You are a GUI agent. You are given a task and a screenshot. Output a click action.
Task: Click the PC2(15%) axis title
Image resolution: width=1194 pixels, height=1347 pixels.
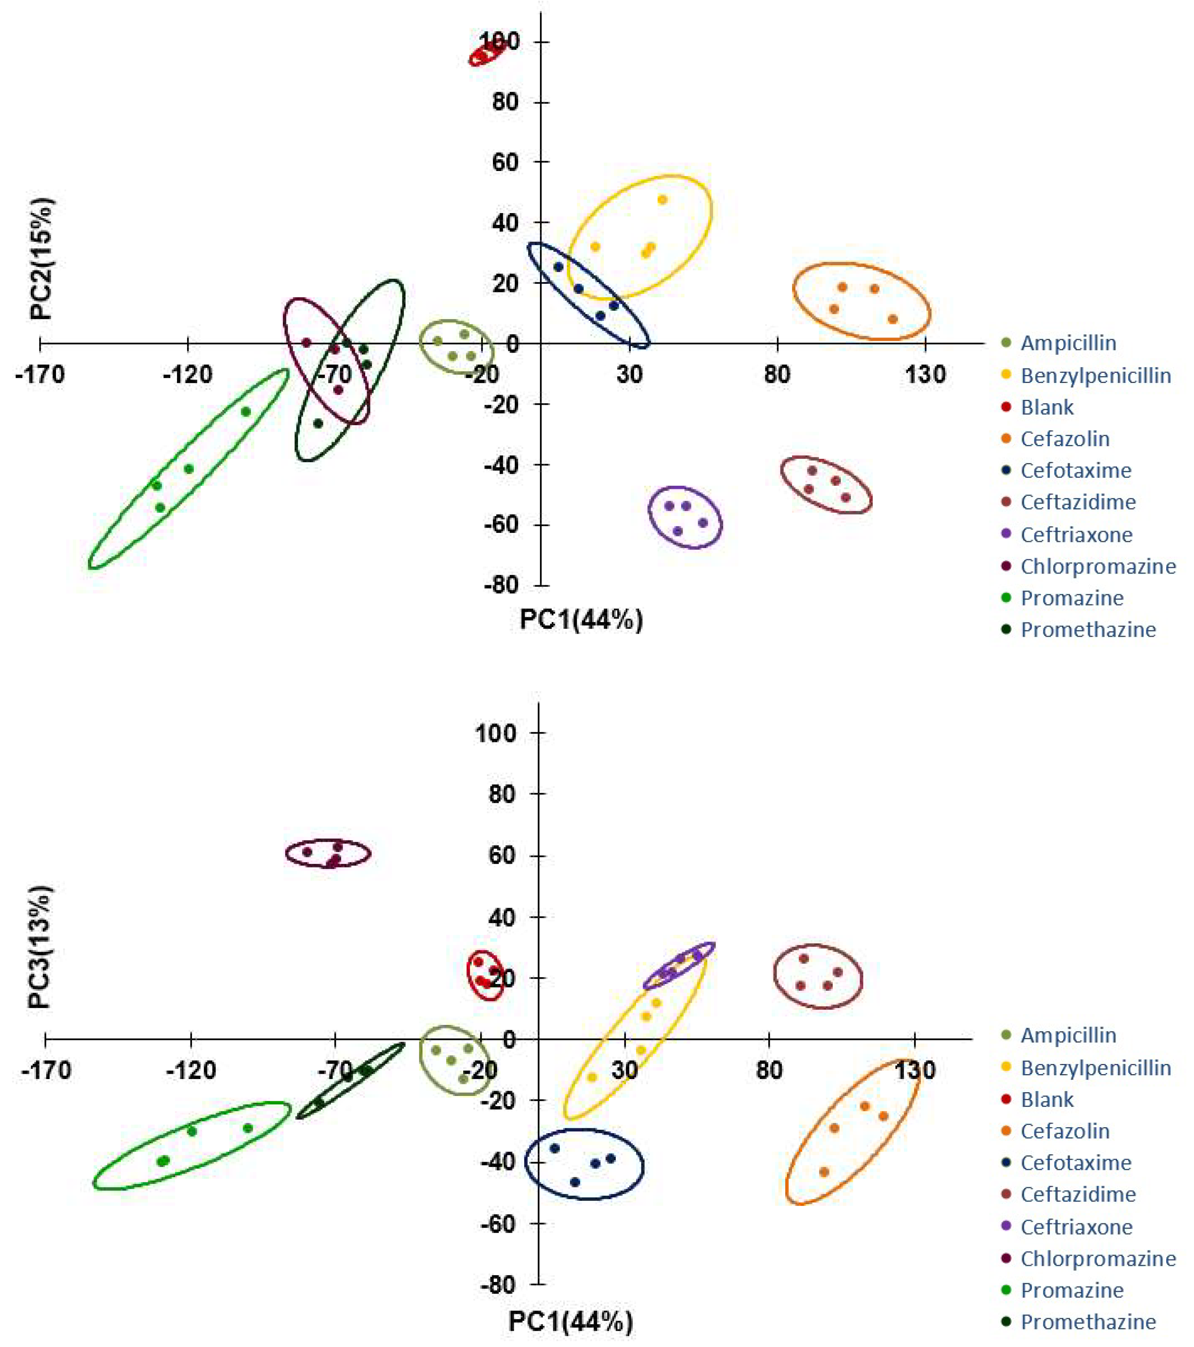[x=42, y=259]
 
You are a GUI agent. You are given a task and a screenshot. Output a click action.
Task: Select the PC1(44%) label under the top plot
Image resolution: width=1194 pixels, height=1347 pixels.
[x=581, y=619]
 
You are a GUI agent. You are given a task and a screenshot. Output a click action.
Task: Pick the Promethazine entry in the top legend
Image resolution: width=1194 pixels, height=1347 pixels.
[x=1088, y=630]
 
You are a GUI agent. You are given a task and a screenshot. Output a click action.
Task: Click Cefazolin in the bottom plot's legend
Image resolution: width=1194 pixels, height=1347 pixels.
[x=1065, y=1131]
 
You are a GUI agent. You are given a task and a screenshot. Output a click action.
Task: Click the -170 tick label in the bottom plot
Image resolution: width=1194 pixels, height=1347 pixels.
[x=46, y=1070]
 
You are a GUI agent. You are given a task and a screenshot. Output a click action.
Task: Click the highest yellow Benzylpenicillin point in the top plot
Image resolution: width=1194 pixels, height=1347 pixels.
[x=663, y=200]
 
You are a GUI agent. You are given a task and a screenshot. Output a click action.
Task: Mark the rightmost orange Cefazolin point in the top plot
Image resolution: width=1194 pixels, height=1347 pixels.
[x=893, y=319]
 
